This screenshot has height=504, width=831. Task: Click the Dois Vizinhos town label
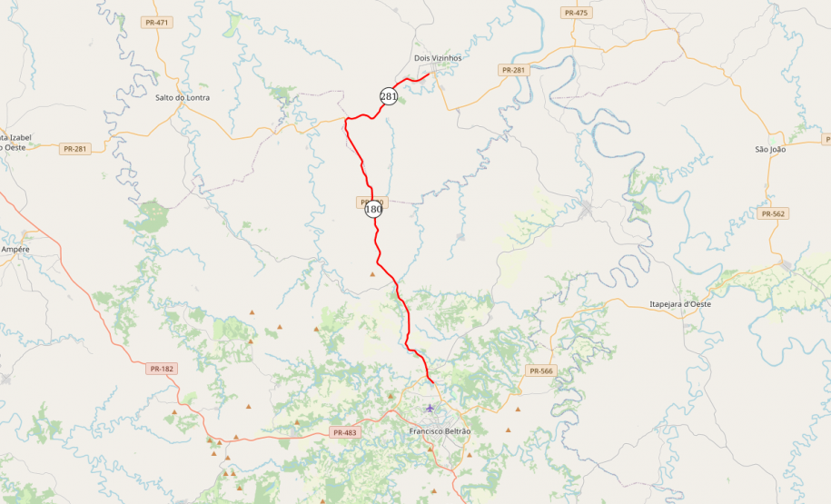[x=438, y=58]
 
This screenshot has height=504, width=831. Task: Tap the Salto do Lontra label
[x=183, y=97]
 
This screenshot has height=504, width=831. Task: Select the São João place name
[x=770, y=149]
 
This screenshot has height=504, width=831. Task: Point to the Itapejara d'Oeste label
[x=680, y=304]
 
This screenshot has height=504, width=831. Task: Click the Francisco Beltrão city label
[x=440, y=430]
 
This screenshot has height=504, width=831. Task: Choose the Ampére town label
[x=15, y=249]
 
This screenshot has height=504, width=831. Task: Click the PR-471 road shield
[x=156, y=22]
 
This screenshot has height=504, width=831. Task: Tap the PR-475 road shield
[x=576, y=13]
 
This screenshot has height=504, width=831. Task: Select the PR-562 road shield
[x=773, y=213]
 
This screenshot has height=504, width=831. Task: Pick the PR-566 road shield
[x=539, y=371]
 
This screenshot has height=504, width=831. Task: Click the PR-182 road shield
[x=161, y=369]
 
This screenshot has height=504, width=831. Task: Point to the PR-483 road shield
[x=345, y=433]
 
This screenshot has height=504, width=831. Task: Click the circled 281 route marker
[x=389, y=96]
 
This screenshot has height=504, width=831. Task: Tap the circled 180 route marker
[x=373, y=209]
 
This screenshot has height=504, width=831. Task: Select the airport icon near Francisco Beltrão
[x=430, y=408]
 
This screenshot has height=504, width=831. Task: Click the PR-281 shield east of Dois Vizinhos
[x=513, y=70]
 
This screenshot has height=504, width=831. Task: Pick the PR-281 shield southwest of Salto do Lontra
[x=75, y=148]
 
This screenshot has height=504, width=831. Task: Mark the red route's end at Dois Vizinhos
[x=428, y=74]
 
